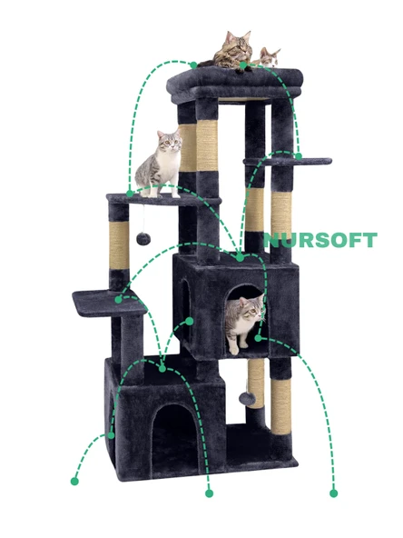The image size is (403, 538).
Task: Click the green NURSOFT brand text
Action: [319, 241]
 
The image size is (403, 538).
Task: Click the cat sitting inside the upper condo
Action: [242, 322]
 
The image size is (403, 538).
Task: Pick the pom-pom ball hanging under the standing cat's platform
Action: [143, 238]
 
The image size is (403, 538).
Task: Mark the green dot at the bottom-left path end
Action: [74, 479]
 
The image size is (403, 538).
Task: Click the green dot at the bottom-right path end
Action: [333, 493]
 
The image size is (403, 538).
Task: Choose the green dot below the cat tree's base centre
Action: [209, 493]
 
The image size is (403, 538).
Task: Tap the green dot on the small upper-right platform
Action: [298, 156]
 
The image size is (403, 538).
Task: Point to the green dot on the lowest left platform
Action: [118, 299]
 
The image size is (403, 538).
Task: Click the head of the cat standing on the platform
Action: [169, 142]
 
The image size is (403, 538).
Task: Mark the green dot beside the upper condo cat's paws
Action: [258, 338]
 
